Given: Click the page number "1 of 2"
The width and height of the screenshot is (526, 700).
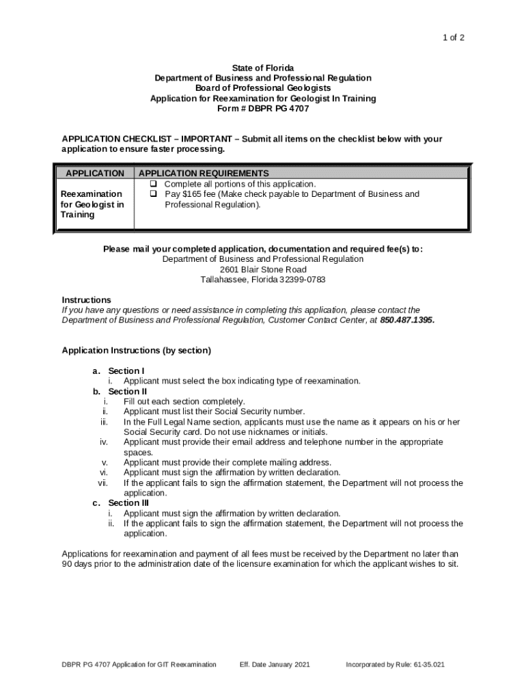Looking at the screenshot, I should point(453,38).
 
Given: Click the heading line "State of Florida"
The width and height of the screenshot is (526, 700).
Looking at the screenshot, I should point(263,68).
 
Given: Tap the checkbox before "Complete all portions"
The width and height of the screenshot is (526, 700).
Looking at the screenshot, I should point(154,185).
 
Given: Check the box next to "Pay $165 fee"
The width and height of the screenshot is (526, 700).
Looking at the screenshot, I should point(154,194).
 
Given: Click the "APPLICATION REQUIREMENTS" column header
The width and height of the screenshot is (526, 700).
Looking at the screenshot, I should point(204,174).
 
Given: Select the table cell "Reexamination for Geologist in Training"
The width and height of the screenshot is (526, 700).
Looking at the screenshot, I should point(92,204).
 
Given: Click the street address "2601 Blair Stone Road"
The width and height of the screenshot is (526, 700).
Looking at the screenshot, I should point(263,270).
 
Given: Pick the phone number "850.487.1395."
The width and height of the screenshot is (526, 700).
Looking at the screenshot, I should point(407,320).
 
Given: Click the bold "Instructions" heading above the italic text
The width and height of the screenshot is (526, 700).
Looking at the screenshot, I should point(87,300).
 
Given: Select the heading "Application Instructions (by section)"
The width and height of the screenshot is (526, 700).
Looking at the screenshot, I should point(137,351).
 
